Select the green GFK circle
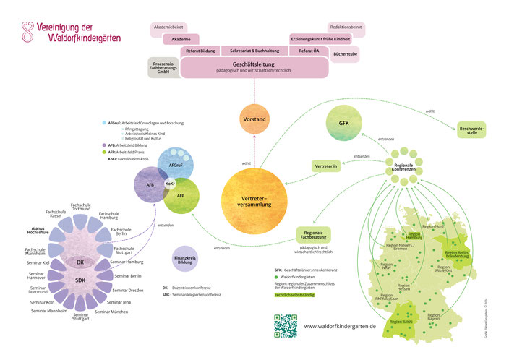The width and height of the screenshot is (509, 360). (x=343, y=123)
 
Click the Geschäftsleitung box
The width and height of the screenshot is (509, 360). (x=254, y=67)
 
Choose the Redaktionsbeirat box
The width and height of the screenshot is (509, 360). (x=346, y=27)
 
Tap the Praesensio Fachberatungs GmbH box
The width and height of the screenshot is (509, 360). (x=163, y=67)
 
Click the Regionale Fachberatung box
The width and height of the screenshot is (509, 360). (x=318, y=235)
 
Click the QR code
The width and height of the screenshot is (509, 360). (x=286, y=325)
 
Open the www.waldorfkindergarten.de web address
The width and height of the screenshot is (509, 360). (x=340, y=326)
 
